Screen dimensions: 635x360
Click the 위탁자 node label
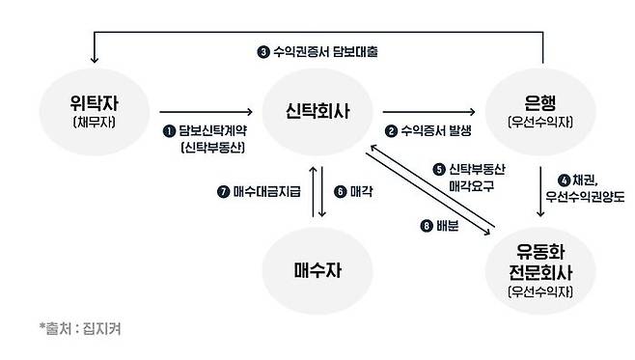95,103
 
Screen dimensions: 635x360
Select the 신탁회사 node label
317,111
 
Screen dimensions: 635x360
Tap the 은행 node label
540,103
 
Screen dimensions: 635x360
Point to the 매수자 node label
317,270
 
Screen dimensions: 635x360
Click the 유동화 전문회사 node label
540,262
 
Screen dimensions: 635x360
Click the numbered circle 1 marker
169,131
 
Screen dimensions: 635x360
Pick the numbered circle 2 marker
391,131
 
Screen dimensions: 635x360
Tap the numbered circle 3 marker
263,52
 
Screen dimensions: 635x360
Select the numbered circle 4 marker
564,180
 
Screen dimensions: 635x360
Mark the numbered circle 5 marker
439,169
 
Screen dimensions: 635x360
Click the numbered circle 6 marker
340,191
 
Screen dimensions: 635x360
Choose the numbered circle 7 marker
224,191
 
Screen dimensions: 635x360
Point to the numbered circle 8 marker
427,226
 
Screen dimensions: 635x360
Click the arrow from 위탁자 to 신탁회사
206,111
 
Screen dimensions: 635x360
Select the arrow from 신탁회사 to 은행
428,111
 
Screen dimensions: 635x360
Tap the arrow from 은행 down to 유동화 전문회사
540,191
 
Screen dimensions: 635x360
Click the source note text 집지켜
101,328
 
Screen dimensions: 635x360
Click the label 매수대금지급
267,191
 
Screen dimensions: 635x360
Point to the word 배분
448,226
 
